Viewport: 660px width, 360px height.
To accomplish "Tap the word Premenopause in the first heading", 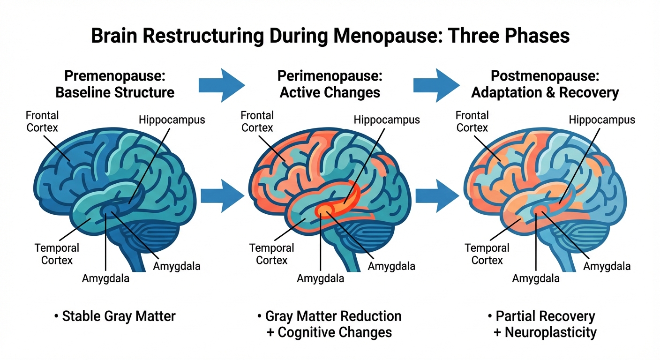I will tap(115, 75).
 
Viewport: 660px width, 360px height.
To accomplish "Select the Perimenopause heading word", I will tap(330, 75).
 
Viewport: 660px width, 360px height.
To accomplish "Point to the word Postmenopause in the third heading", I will tap(545, 75).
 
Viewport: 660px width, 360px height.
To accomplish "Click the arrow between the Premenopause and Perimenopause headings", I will tap(221, 85).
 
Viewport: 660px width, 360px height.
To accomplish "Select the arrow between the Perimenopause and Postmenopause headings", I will tap(436, 85).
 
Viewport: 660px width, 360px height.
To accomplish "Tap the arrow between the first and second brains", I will tap(222, 195).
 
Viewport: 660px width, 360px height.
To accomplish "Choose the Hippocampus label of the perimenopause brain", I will tap(387, 120).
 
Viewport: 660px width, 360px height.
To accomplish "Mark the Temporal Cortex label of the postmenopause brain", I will tap(487, 254).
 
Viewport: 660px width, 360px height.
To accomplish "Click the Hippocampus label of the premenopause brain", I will tap(172, 120).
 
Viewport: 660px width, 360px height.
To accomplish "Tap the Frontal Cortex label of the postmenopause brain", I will tap(472, 121).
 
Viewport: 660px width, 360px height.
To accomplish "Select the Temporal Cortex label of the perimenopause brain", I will tap(271, 254).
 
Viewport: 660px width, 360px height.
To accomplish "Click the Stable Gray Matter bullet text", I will tap(119, 316).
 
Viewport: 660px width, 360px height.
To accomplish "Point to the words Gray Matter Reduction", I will tap(333, 316).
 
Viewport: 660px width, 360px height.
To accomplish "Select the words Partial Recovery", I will tap(545, 316).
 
